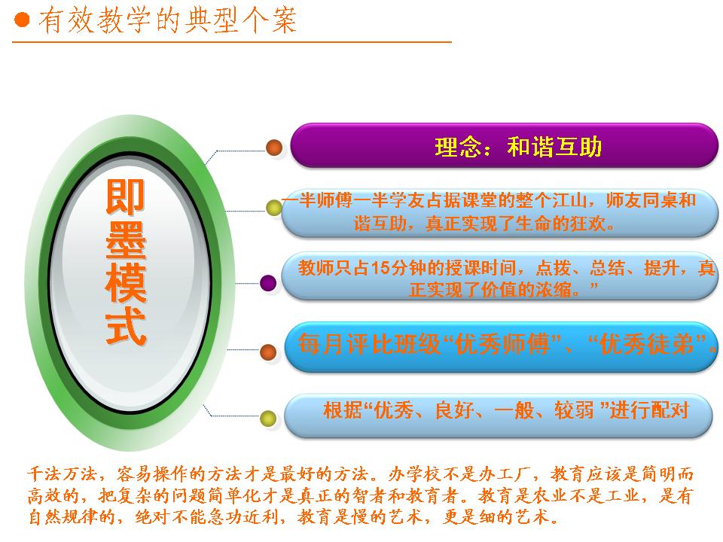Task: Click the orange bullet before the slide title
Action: (x=22, y=20)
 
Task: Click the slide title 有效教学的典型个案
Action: (x=167, y=20)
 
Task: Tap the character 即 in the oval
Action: (x=126, y=196)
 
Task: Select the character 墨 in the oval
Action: (x=126, y=240)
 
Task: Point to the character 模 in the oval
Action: (x=126, y=284)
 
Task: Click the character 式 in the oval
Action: (x=126, y=327)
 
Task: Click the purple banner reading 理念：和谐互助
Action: (x=504, y=145)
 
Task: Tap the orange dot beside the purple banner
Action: (x=274, y=148)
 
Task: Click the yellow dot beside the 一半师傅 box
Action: (x=274, y=208)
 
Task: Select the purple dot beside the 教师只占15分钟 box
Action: (x=268, y=283)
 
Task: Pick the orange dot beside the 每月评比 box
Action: (x=268, y=352)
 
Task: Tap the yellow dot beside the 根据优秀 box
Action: (x=268, y=419)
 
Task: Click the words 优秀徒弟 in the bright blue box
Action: (x=647, y=344)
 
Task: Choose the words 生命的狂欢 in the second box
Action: (x=560, y=224)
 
